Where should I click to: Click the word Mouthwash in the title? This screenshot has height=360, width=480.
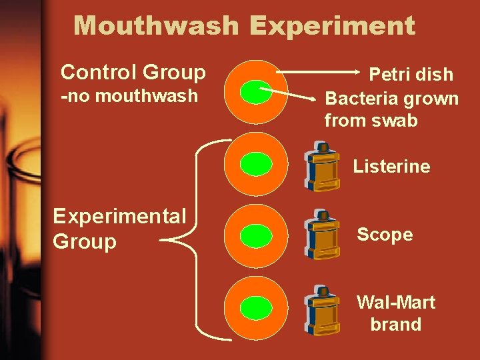click(156, 26)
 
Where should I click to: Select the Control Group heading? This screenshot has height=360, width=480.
click(133, 71)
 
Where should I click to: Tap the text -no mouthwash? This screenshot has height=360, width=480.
click(129, 95)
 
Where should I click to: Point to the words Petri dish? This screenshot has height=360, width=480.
click(411, 74)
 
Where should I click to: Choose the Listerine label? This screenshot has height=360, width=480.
click(391, 166)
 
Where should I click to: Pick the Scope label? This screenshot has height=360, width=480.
click(385, 234)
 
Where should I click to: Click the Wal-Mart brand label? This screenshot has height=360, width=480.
click(396, 313)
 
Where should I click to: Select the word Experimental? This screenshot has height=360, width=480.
click(119, 216)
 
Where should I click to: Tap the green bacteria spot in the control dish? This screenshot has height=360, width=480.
click(255, 92)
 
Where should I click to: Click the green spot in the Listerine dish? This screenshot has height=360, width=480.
click(255, 163)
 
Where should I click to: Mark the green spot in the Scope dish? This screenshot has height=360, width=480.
click(255, 235)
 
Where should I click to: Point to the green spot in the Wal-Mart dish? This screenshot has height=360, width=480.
click(255, 308)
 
